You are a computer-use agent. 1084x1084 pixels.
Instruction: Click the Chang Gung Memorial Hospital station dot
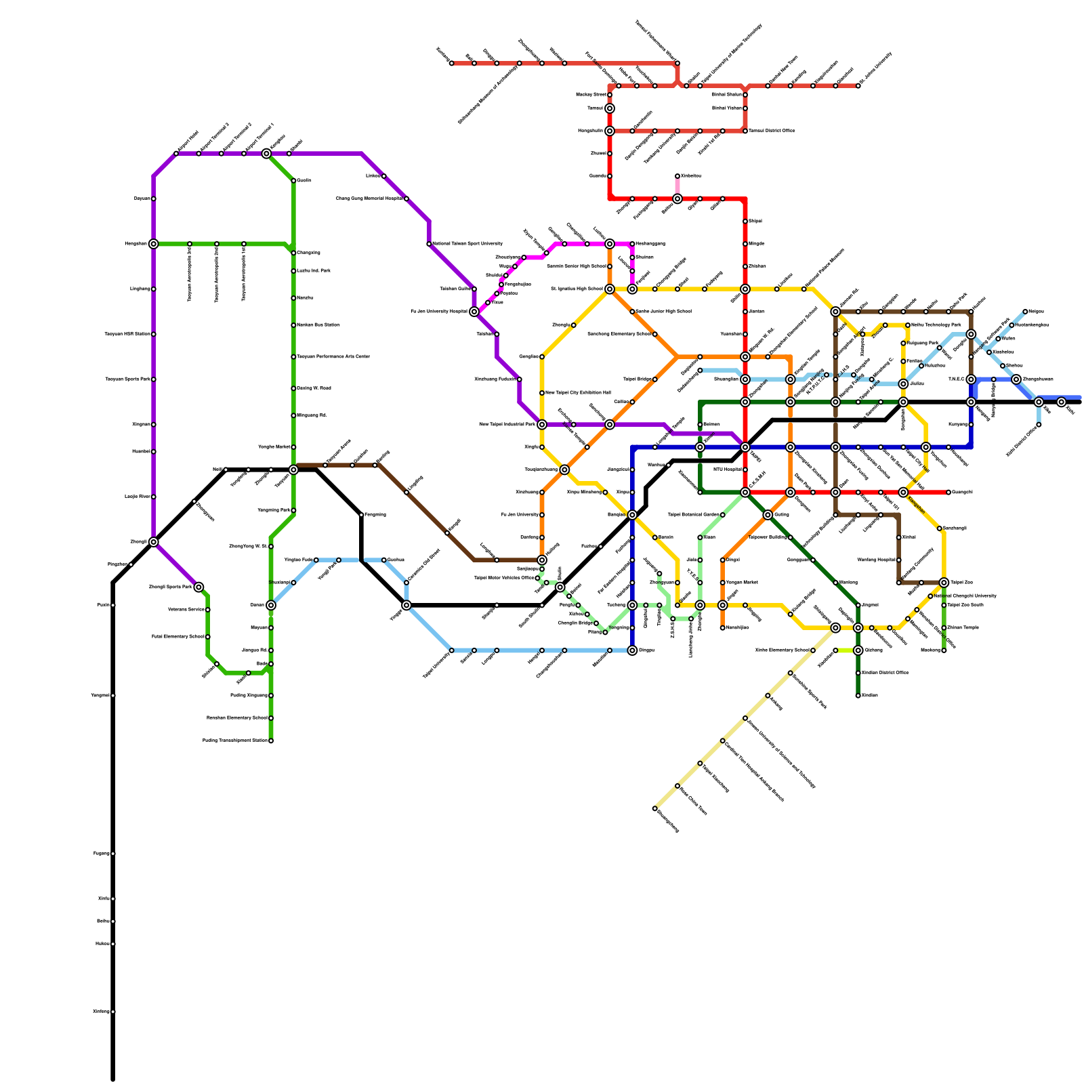click(406, 199)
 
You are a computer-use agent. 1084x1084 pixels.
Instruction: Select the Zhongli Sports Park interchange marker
click(199, 587)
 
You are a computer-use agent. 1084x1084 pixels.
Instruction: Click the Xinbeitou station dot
click(677, 176)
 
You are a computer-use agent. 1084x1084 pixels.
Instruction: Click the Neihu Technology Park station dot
click(908, 325)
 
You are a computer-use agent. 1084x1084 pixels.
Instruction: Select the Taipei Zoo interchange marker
click(944, 583)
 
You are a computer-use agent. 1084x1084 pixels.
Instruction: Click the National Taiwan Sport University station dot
click(429, 244)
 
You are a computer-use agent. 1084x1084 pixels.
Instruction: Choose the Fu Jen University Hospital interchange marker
click(474, 312)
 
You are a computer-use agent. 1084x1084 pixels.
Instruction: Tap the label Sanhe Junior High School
click(663, 312)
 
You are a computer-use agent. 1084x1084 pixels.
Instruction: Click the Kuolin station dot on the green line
click(293, 181)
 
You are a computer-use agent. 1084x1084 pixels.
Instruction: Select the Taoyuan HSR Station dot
click(154, 334)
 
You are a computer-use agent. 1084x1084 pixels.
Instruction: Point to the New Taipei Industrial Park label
click(507, 424)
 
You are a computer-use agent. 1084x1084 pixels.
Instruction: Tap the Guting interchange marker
click(768, 515)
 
